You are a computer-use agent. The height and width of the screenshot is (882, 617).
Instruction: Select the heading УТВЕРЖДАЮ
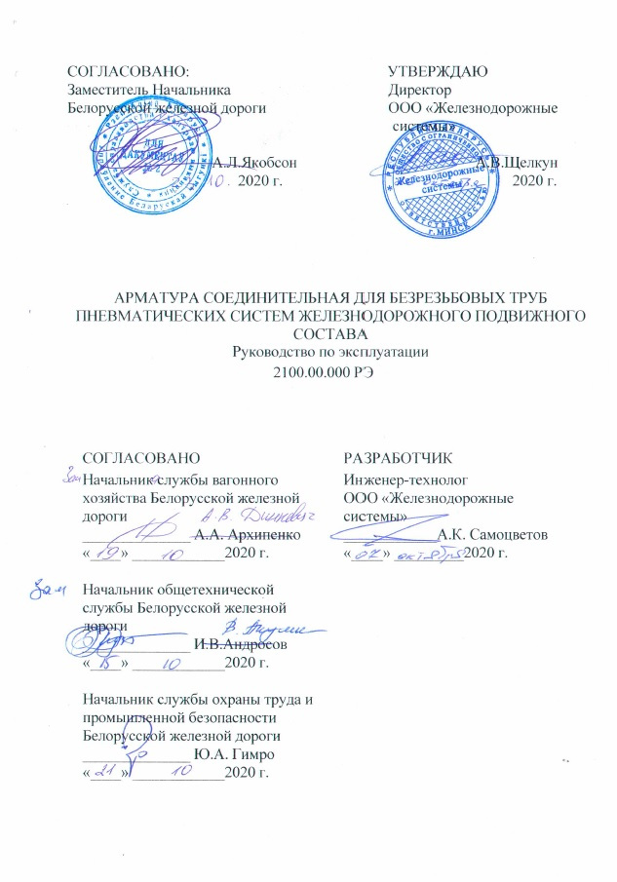tap(438, 70)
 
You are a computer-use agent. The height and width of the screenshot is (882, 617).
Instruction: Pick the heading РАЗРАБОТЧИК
tap(398, 458)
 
